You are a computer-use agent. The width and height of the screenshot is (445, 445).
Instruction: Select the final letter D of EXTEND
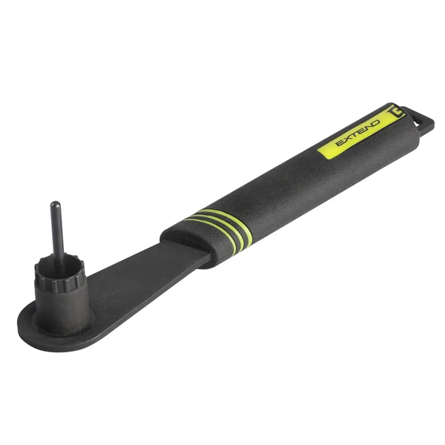tap(375, 122)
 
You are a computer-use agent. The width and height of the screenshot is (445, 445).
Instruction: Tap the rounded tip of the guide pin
tap(54, 205)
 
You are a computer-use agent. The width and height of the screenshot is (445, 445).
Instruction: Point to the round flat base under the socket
tap(37, 326)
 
